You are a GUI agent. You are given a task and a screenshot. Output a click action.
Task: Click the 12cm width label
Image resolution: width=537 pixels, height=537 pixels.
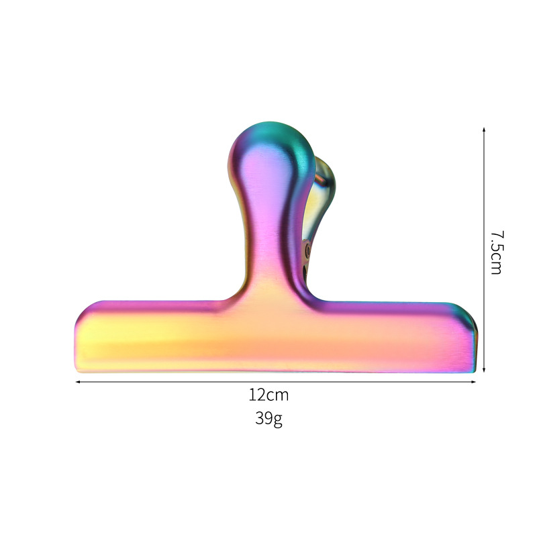pyautogui.click(x=268, y=395)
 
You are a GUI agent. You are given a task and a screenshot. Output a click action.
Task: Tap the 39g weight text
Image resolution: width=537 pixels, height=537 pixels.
pyautogui.click(x=268, y=419)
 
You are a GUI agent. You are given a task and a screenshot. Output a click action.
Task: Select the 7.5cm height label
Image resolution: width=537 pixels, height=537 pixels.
pyautogui.click(x=496, y=252)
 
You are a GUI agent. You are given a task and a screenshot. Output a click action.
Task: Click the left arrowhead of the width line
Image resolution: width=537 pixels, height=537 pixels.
pyautogui.click(x=78, y=382)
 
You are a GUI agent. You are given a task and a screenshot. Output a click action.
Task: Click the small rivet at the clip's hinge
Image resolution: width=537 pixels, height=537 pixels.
pyautogui.click(x=308, y=250)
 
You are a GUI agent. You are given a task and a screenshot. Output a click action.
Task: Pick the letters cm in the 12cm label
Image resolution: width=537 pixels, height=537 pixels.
pyautogui.click(x=277, y=395)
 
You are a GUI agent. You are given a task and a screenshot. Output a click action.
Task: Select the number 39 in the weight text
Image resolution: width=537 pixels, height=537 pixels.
pyautogui.click(x=263, y=418)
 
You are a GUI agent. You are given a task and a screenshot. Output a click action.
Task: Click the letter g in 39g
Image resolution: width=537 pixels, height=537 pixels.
pyautogui.click(x=278, y=420)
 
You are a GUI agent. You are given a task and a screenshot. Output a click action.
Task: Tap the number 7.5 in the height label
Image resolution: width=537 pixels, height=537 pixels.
pyautogui.click(x=496, y=241)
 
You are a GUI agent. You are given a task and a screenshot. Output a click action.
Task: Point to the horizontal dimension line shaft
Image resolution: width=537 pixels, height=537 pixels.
pyautogui.click(x=168, y=382)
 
